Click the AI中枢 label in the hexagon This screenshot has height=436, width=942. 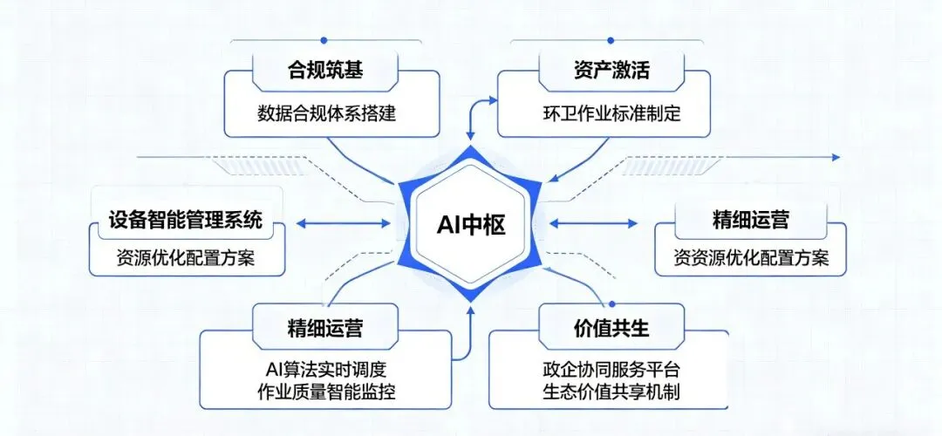471,224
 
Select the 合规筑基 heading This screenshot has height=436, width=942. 324,71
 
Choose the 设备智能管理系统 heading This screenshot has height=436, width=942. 186,220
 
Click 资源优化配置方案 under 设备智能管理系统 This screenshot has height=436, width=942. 186,259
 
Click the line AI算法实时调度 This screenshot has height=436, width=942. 325,368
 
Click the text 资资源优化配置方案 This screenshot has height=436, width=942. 751,259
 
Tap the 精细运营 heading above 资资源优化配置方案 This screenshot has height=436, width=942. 751,220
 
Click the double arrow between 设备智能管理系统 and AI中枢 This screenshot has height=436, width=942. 343,223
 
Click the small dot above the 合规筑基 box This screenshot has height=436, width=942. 324,40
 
